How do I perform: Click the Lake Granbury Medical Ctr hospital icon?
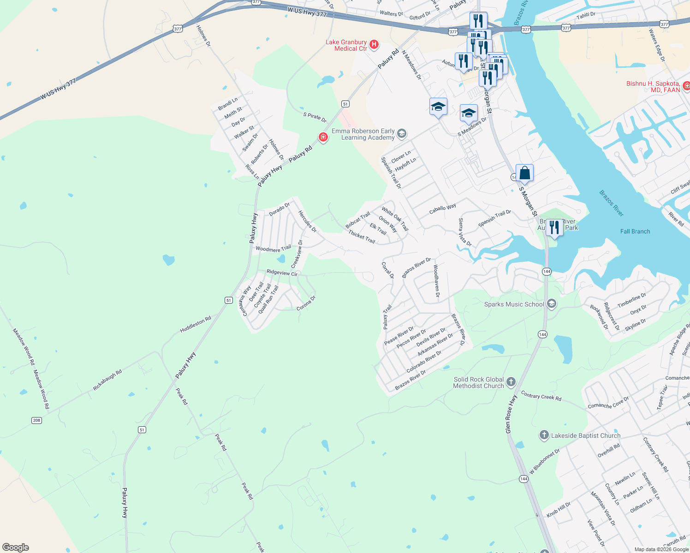(x=374, y=45)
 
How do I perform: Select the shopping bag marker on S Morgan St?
(x=524, y=173)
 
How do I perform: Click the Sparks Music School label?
(x=514, y=304)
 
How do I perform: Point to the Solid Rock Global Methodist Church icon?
(x=511, y=382)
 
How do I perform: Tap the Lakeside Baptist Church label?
(x=586, y=435)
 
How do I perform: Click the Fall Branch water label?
(x=635, y=231)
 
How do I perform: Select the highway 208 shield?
(x=36, y=420)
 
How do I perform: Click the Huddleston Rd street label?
(x=195, y=324)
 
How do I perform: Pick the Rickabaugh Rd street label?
(x=107, y=380)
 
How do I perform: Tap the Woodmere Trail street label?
(x=273, y=249)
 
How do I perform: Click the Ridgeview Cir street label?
(x=282, y=273)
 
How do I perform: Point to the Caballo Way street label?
(x=442, y=208)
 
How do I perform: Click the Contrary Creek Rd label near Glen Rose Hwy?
(x=541, y=395)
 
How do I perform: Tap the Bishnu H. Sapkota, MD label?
(x=653, y=87)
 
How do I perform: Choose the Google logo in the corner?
(x=15, y=547)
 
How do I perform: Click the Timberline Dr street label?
(x=632, y=300)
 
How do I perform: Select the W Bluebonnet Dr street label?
(x=544, y=461)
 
